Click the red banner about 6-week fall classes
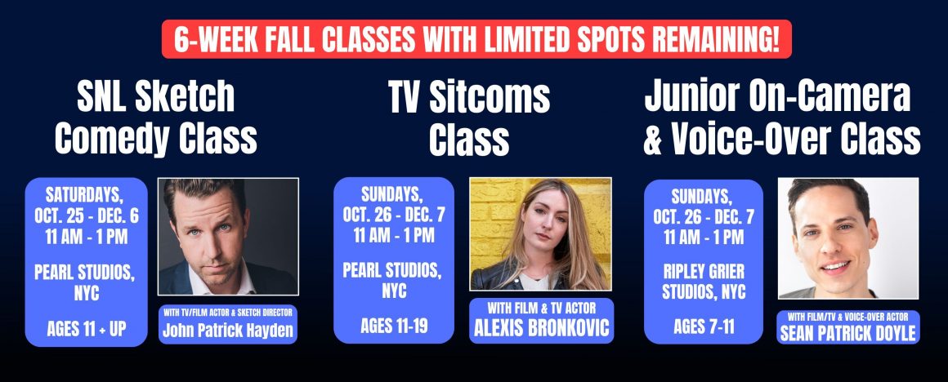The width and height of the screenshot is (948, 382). (x=476, y=39)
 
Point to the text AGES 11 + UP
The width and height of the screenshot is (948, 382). (x=87, y=329)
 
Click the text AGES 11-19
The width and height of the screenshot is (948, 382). (x=394, y=326)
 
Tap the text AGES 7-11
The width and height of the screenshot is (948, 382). (x=703, y=326)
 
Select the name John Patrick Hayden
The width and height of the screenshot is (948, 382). (x=227, y=331)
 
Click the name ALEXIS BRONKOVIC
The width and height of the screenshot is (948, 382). (x=541, y=328)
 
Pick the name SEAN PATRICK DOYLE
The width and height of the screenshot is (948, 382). (x=847, y=334)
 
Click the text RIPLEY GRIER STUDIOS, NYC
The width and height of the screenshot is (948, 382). (x=704, y=282)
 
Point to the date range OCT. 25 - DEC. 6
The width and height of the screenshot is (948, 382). (x=87, y=216)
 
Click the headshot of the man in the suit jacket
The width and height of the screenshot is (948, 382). (x=228, y=236)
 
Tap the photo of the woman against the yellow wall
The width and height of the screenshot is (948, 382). (x=540, y=233)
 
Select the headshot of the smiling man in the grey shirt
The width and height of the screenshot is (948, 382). (x=847, y=238)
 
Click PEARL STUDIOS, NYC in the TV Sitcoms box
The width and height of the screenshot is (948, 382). (x=394, y=280)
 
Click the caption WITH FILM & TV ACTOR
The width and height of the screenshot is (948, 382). (x=541, y=308)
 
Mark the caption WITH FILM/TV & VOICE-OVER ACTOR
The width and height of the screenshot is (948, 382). (x=847, y=316)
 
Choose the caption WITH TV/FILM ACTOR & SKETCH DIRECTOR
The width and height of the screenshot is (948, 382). (x=228, y=313)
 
